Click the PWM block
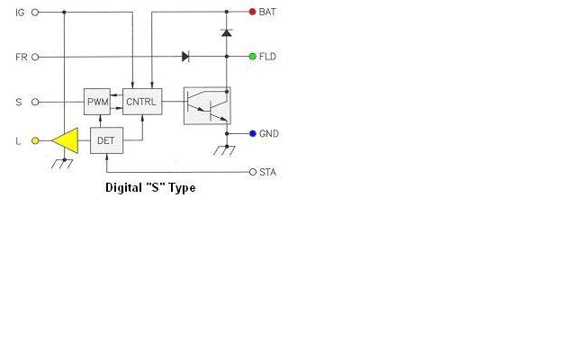tap(97, 102)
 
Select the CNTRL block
tap(142, 102)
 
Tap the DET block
tap(106, 140)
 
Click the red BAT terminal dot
tap(252, 12)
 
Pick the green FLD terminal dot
tap(253, 57)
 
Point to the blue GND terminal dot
tap(253, 134)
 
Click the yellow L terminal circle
tap(35, 140)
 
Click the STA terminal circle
tap(253, 172)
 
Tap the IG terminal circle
tap(35, 13)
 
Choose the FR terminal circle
tap(35, 57)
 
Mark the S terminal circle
tap(35, 102)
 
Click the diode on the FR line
tap(186, 57)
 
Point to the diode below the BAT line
tap(227, 32)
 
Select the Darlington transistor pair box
tap(207, 106)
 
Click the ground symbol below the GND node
tap(224, 150)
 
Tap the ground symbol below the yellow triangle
tap(62, 164)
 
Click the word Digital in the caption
tap(123, 188)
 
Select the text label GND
tap(269, 134)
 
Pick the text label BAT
tap(267, 12)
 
